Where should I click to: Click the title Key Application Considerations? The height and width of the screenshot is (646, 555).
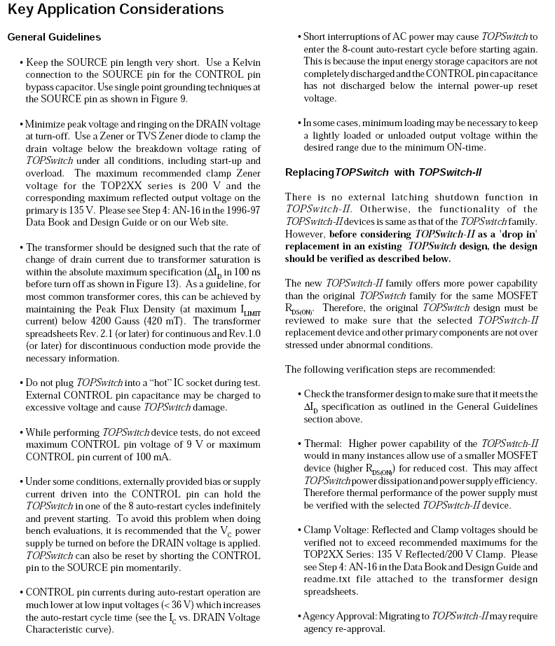pyautogui.click(x=116, y=10)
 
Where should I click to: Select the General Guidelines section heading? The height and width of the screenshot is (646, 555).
pyautogui.click(x=54, y=37)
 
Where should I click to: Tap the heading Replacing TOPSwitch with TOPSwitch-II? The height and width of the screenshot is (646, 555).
pyautogui.click(x=383, y=172)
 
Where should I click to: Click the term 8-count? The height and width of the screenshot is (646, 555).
pyautogui.click(x=367, y=49)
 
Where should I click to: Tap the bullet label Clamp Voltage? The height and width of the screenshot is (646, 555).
pyautogui.click(x=341, y=530)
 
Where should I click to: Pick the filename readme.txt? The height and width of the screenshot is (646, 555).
pyautogui.click(x=325, y=579)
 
